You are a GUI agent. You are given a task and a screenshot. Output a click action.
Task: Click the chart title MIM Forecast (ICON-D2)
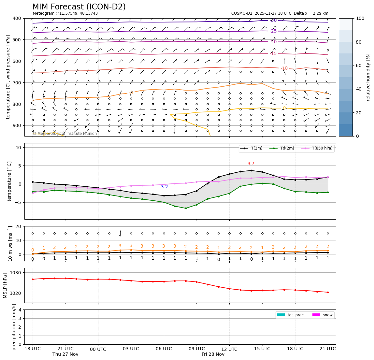[79, 7]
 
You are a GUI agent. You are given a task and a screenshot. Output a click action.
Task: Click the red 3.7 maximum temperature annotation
[251, 164]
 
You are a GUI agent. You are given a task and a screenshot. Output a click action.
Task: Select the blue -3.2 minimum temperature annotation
[164, 187]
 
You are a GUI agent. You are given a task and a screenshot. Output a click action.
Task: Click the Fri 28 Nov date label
[213, 354]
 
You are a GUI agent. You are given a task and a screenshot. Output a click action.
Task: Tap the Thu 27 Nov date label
[65, 354]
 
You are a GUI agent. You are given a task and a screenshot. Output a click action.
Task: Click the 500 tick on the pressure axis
[17, 40]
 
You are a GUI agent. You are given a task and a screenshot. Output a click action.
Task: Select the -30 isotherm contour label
[273, 21]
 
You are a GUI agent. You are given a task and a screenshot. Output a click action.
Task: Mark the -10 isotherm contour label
[284, 68]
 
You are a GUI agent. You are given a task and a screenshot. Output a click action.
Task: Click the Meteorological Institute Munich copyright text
[65, 134]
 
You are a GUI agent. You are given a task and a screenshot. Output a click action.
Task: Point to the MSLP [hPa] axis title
[5, 286]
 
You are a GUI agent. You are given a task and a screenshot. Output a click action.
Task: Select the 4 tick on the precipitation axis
[20, 310]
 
